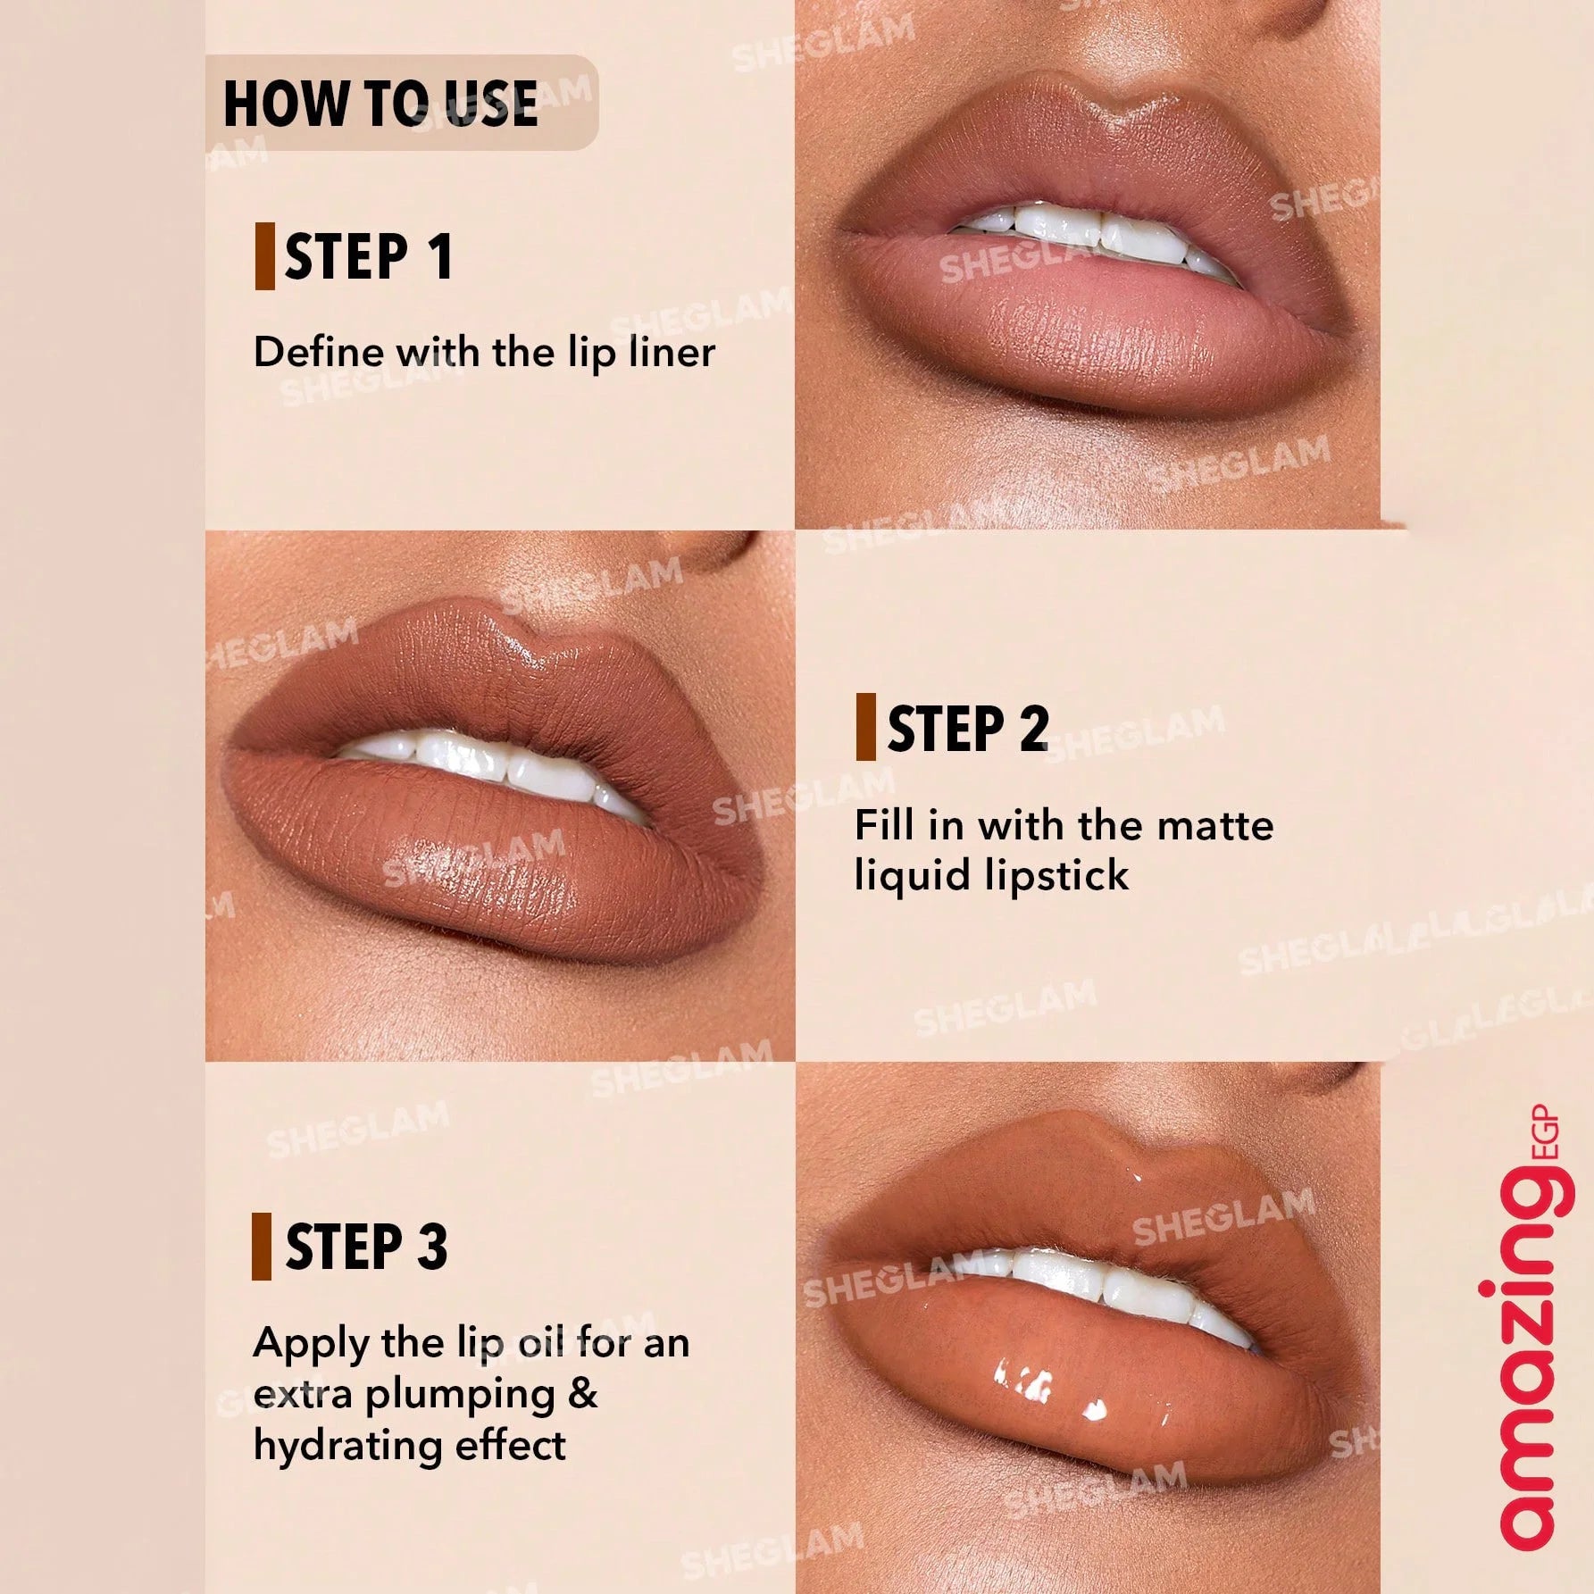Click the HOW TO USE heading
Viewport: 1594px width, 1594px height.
click(380, 104)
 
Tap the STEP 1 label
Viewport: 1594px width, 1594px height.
click(369, 257)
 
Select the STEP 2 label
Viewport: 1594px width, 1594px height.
click(967, 729)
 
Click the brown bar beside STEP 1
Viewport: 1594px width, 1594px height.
click(264, 257)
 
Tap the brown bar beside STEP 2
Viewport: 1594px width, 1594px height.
click(865, 727)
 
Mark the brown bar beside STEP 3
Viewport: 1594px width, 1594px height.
click(262, 1247)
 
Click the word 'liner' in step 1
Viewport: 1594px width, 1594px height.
click(672, 352)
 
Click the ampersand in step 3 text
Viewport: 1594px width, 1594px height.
click(583, 1394)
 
